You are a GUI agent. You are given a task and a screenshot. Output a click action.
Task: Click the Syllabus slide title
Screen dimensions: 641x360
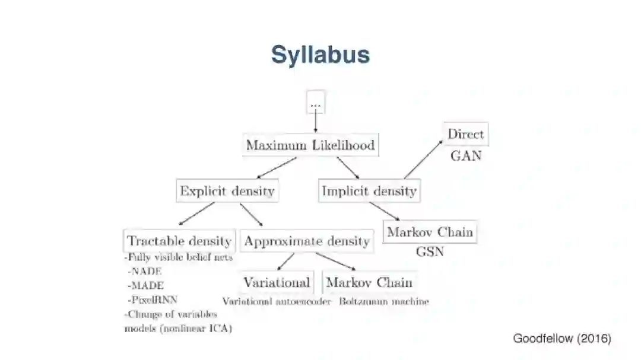click(320, 55)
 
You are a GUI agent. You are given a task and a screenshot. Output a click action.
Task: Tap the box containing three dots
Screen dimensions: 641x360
click(315, 103)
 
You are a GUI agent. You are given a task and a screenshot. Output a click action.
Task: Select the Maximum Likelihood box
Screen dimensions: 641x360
click(310, 145)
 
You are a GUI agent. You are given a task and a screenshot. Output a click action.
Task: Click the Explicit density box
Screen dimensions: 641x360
click(227, 191)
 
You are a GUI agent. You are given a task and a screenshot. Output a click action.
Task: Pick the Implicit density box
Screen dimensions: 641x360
click(369, 191)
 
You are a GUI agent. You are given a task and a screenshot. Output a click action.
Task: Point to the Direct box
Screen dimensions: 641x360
click(465, 134)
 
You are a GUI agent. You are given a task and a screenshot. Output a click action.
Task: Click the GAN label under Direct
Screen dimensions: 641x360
click(466, 156)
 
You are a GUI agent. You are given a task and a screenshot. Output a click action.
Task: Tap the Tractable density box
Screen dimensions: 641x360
click(179, 241)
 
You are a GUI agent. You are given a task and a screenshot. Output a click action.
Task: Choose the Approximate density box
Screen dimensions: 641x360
click(307, 241)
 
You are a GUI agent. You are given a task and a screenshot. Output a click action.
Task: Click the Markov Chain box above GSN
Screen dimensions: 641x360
click(430, 232)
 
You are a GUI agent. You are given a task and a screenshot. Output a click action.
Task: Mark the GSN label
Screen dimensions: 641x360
click(430, 251)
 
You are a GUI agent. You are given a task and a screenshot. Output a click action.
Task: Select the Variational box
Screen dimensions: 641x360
click(277, 282)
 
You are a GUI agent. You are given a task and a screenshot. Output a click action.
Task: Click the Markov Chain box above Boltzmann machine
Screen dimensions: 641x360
click(369, 282)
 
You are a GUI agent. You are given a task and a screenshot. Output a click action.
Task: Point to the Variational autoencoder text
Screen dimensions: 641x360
click(277, 301)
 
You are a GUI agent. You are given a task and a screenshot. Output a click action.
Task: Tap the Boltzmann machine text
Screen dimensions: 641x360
click(384, 301)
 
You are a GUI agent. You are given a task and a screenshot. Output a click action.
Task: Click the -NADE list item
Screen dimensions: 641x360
click(145, 271)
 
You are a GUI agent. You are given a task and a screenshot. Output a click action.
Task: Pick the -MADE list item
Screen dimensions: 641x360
click(145, 285)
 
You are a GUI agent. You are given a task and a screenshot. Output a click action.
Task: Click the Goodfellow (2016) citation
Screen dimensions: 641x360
click(561, 339)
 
